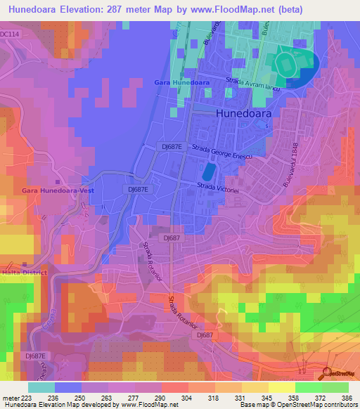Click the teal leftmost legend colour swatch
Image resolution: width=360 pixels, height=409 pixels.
pos(41,387)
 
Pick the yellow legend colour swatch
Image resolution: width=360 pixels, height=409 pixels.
pos(282,387)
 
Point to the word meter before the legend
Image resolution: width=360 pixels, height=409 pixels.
pos(10,398)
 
